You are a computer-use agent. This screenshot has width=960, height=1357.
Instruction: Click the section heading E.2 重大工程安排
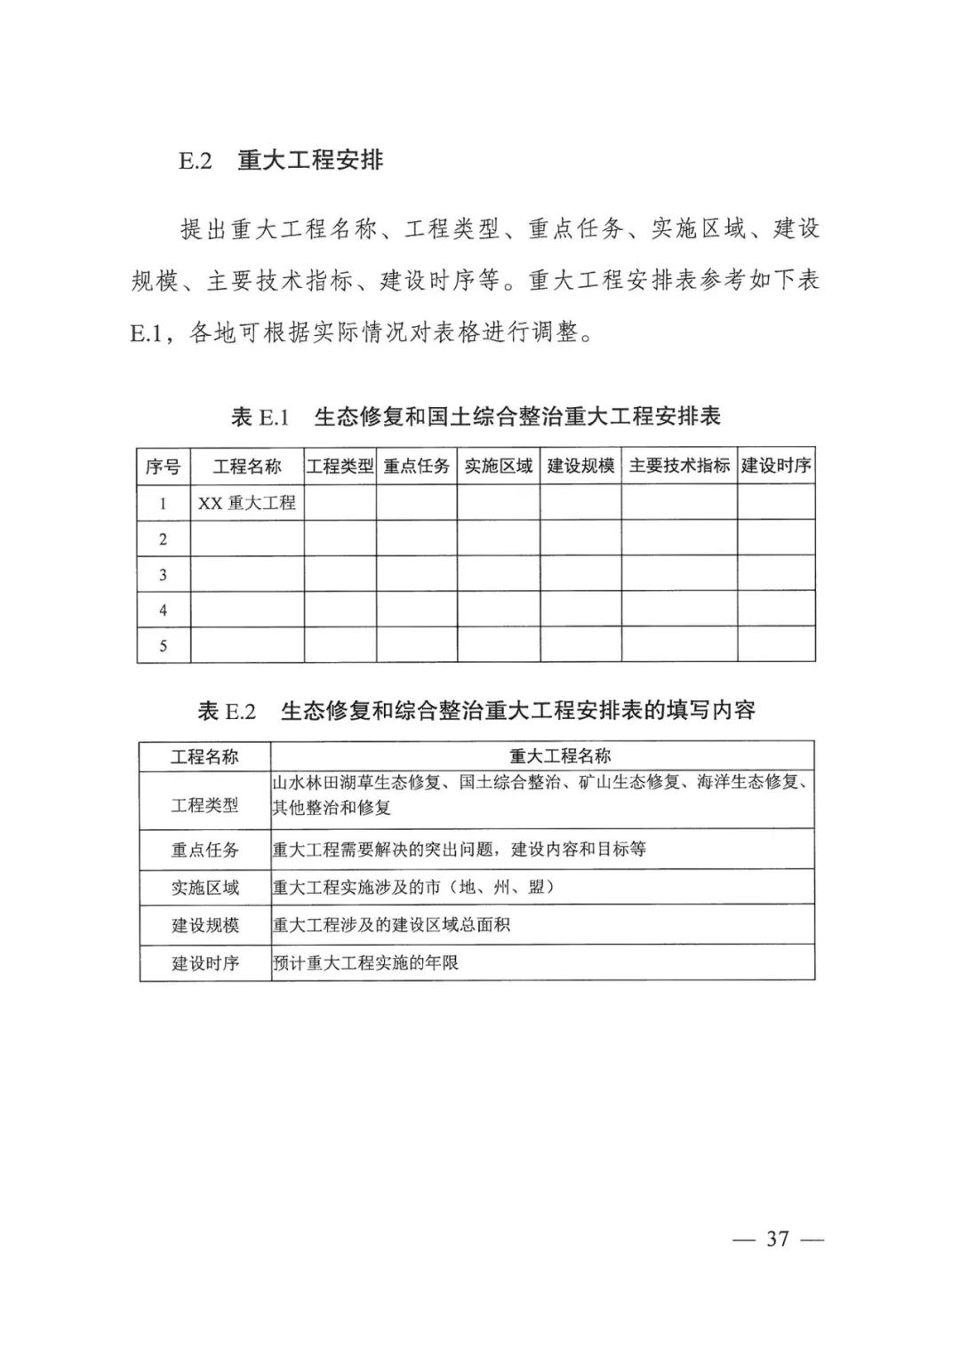click(282, 161)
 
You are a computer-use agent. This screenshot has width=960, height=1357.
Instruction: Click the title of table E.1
click(476, 416)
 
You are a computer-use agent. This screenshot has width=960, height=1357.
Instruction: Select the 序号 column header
click(164, 467)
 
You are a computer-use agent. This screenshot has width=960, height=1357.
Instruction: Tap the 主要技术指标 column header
click(679, 467)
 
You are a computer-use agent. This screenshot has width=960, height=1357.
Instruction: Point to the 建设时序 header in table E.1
click(776, 467)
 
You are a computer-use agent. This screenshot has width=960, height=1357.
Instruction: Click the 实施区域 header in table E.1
click(499, 467)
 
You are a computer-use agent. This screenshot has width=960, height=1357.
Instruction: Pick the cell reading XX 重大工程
click(247, 503)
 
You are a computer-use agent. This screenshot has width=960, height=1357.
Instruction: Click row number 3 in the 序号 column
click(164, 575)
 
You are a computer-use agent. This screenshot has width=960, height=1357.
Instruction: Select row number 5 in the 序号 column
click(164, 646)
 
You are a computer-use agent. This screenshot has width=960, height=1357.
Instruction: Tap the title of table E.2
click(476, 711)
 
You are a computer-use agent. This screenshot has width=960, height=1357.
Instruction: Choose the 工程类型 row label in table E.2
click(205, 805)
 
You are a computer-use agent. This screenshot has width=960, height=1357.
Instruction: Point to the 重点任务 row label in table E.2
click(205, 850)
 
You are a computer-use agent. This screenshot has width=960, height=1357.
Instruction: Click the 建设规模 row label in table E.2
click(205, 925)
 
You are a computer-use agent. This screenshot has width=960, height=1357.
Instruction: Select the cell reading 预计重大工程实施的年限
click(365, 962)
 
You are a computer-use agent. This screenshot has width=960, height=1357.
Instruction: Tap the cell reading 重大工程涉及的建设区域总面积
click(391, 925)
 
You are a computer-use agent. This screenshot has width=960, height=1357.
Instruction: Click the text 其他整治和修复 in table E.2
click(332, 808)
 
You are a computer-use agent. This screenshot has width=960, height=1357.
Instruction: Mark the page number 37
click(778, 1239)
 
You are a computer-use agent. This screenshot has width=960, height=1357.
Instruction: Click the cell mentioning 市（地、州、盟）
click(413, 887)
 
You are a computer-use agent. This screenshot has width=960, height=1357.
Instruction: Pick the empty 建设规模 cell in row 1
click(580, 503)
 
